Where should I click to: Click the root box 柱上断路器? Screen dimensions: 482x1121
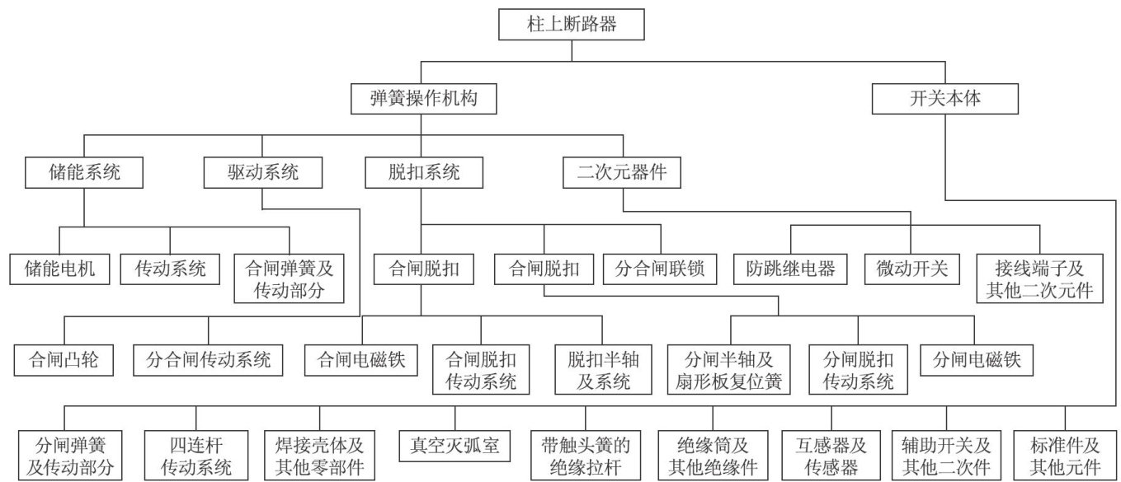pos(572,25)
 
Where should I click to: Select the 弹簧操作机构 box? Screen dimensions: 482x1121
pos(423,100)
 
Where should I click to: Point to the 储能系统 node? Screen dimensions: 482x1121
pos(84,173)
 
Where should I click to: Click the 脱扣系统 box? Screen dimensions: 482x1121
pos(423,173)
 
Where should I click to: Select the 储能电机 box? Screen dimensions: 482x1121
pos(59,268)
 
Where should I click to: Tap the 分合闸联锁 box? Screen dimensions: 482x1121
pos(659,268)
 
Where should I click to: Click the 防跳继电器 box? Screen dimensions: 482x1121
pos(791,268)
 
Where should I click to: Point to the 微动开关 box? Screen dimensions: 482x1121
pos(912,268)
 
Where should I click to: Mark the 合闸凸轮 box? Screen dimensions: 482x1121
pos(63,359)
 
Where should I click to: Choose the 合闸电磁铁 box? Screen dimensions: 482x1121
pos(361,359)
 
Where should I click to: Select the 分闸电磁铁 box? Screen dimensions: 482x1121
pos(977,359)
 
